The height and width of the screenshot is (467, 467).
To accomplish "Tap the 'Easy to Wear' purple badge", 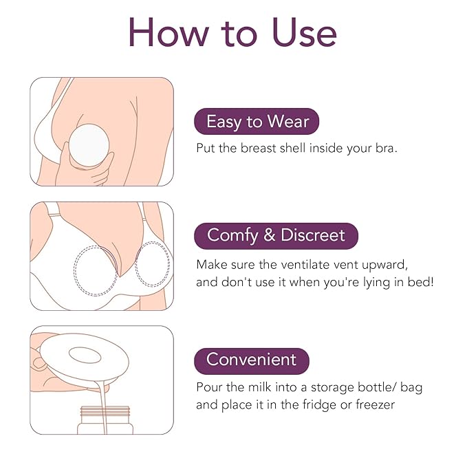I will pos(257,122).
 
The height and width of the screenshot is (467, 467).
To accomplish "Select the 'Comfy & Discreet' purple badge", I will pos(276,235).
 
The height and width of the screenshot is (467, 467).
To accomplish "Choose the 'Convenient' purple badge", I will pos(252,360).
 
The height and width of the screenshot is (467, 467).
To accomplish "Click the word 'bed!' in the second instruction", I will pos(419,282).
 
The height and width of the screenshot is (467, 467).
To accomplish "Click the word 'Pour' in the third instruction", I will pos(210,387).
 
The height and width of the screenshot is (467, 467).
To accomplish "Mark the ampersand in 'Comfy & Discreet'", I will pos(270,235).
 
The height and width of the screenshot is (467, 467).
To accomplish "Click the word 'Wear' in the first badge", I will pos(287,122).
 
